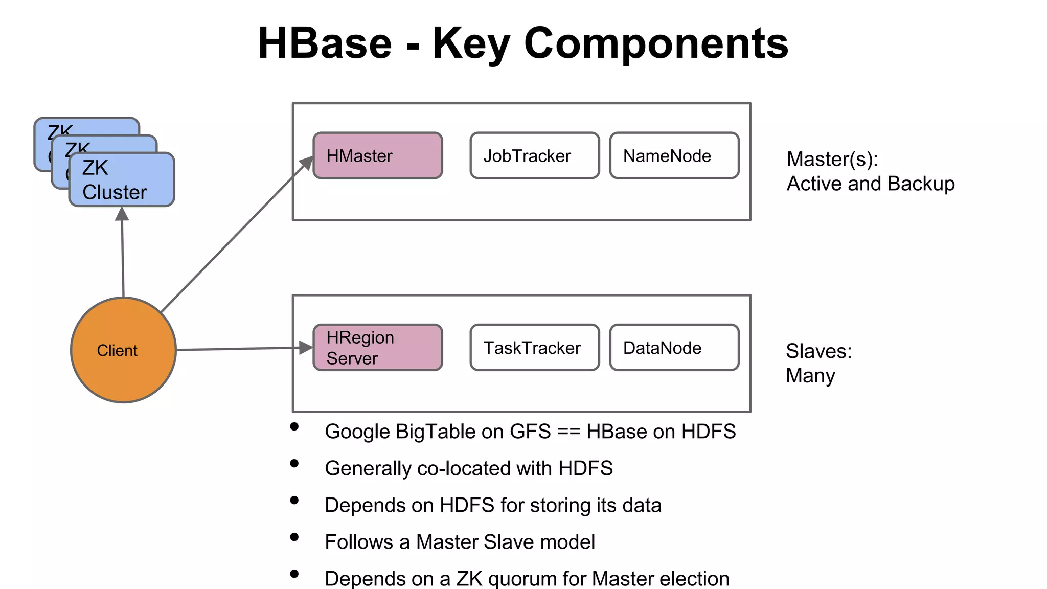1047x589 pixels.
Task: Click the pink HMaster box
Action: (377, 156)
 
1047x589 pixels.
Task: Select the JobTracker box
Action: (534, 156)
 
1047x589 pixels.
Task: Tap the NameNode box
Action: (674, 156)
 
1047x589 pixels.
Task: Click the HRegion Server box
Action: (377, 348)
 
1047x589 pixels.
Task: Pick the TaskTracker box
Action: (534, 348)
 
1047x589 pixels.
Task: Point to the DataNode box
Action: (674, 348)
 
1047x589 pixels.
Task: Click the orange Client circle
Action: (123, 350)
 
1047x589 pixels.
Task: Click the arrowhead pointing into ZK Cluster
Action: (122, 214)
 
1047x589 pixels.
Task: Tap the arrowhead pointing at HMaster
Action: (307, 163)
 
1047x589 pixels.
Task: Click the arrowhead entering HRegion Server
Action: (306, 348)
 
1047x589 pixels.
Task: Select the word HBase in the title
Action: (325, 43)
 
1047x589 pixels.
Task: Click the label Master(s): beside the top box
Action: (832, 159)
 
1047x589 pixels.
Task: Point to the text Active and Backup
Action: (870, 184)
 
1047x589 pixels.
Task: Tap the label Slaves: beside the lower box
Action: (818, 351)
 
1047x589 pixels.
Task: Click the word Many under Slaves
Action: (810, 376)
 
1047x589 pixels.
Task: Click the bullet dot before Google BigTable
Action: (294, 426)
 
